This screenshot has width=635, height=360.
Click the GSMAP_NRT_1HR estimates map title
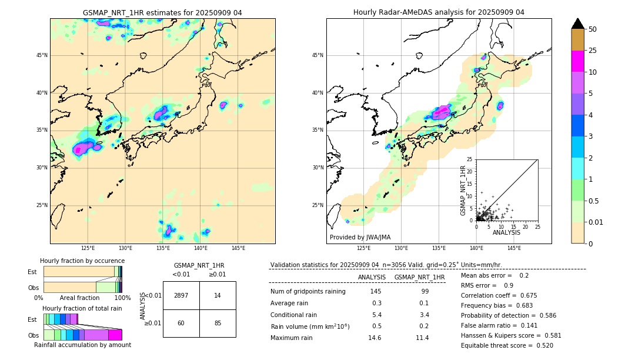point(162,12)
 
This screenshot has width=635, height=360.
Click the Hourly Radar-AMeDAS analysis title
point(439,12)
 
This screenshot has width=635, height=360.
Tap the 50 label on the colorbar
point(593,29)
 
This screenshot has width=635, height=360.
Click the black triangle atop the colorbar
point(578,24)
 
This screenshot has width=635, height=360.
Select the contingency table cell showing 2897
point(181,296)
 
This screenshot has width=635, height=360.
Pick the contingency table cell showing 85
point(218,323)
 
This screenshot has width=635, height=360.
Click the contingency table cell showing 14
point(218,296)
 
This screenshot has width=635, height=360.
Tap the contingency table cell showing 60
point(181,323)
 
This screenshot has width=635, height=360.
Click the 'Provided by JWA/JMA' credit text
point(360,238)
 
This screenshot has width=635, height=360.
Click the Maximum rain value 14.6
point(375,338)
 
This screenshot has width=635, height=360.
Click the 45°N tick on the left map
point(42,55)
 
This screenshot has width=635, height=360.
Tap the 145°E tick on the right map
point(514,249)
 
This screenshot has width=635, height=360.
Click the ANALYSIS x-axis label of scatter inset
point(506,232)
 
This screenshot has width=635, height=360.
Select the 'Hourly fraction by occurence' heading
point(82,261)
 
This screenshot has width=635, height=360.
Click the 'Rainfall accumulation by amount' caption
point(82,345)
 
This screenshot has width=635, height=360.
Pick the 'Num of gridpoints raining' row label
point(308,292)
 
